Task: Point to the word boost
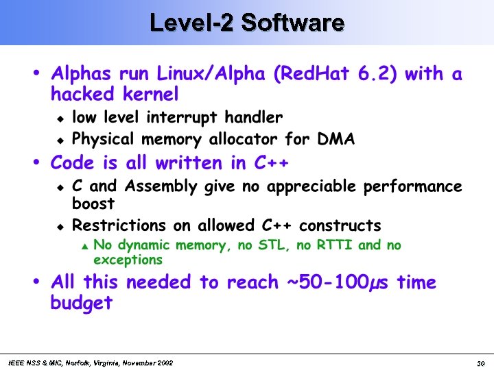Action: (x=93, y=203)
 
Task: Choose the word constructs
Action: (x=340, y=225)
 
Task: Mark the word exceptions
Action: (x=128, y=260)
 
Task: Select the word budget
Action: (x=81, y=303)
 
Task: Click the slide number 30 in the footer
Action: (x=481, y=362)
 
